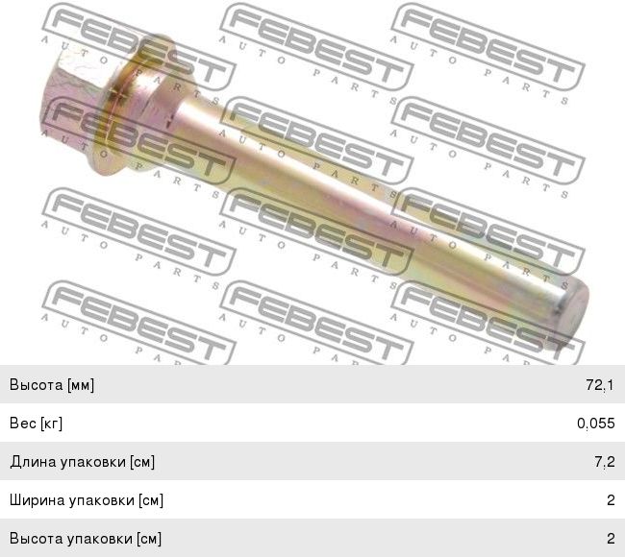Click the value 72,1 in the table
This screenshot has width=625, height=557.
(600, 385)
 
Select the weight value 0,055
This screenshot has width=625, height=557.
(596, 424)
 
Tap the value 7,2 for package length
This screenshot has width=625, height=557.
(605, 462)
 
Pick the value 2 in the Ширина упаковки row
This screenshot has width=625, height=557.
(611, 500)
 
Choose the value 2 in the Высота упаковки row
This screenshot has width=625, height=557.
(611, 539)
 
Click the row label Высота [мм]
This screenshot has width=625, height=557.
(52, 385)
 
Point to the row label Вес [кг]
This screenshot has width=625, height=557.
(36, 424)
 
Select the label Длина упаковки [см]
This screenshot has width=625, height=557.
(83, 462)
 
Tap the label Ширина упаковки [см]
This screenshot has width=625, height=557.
(87, 500)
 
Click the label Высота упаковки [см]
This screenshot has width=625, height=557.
(86, 539)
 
